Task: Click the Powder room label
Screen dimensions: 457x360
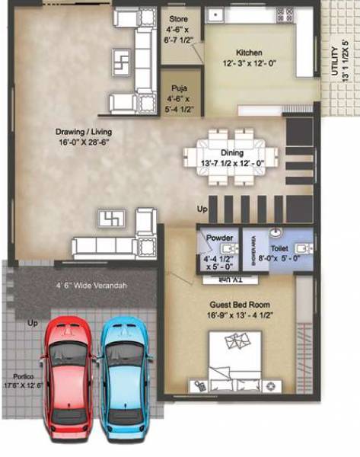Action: [219, 238]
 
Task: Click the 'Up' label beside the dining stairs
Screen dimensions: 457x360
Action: [202, 208]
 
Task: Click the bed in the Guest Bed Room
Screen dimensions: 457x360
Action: [236, 361]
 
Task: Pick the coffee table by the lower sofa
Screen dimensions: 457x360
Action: [111, 219]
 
